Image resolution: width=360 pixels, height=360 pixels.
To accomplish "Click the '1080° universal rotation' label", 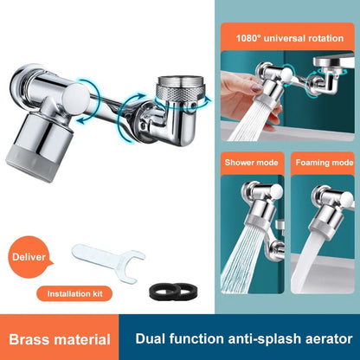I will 289,36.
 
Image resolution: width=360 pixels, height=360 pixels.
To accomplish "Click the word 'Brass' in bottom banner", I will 34,340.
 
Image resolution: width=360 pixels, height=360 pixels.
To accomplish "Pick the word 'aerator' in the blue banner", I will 323,340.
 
